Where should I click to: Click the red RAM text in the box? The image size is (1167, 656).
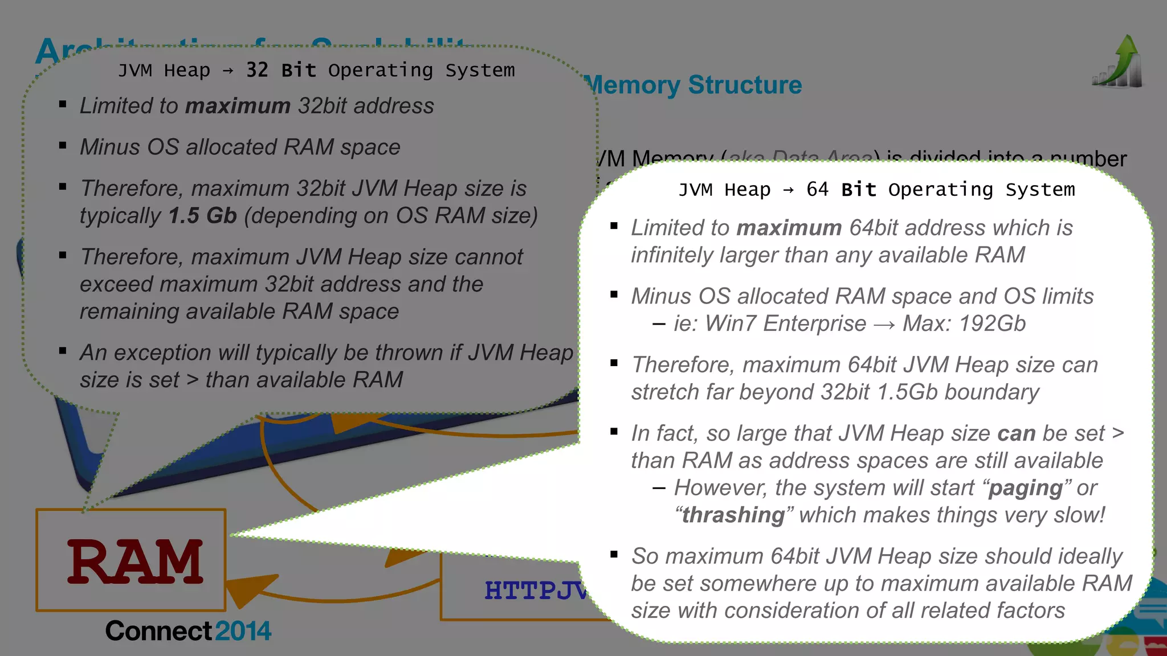pos(135,562)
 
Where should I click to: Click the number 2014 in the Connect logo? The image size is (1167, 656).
pos(243,631)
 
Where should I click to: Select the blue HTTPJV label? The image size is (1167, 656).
pos(536,591)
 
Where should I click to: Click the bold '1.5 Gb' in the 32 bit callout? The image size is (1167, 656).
pos(202,216)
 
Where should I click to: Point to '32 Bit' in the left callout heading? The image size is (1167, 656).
pos(281,70)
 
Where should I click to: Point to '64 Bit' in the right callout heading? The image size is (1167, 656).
pos(841,189)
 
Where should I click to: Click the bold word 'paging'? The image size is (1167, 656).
pos(1025,488)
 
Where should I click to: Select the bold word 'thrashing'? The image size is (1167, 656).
pos(733,515)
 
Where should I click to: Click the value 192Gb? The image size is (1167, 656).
pos(992,323)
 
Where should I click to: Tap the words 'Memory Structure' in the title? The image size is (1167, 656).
pos(693,85)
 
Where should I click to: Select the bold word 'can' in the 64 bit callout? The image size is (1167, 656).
pos(1016,433)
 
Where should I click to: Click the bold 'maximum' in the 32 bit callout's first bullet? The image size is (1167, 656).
pos(238,106)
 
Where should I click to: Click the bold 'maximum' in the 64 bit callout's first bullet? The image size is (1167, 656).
pos(789,228)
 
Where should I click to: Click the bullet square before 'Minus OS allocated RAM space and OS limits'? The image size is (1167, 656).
pos(614,294)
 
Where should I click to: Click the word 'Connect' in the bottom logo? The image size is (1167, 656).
pos(158,631)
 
